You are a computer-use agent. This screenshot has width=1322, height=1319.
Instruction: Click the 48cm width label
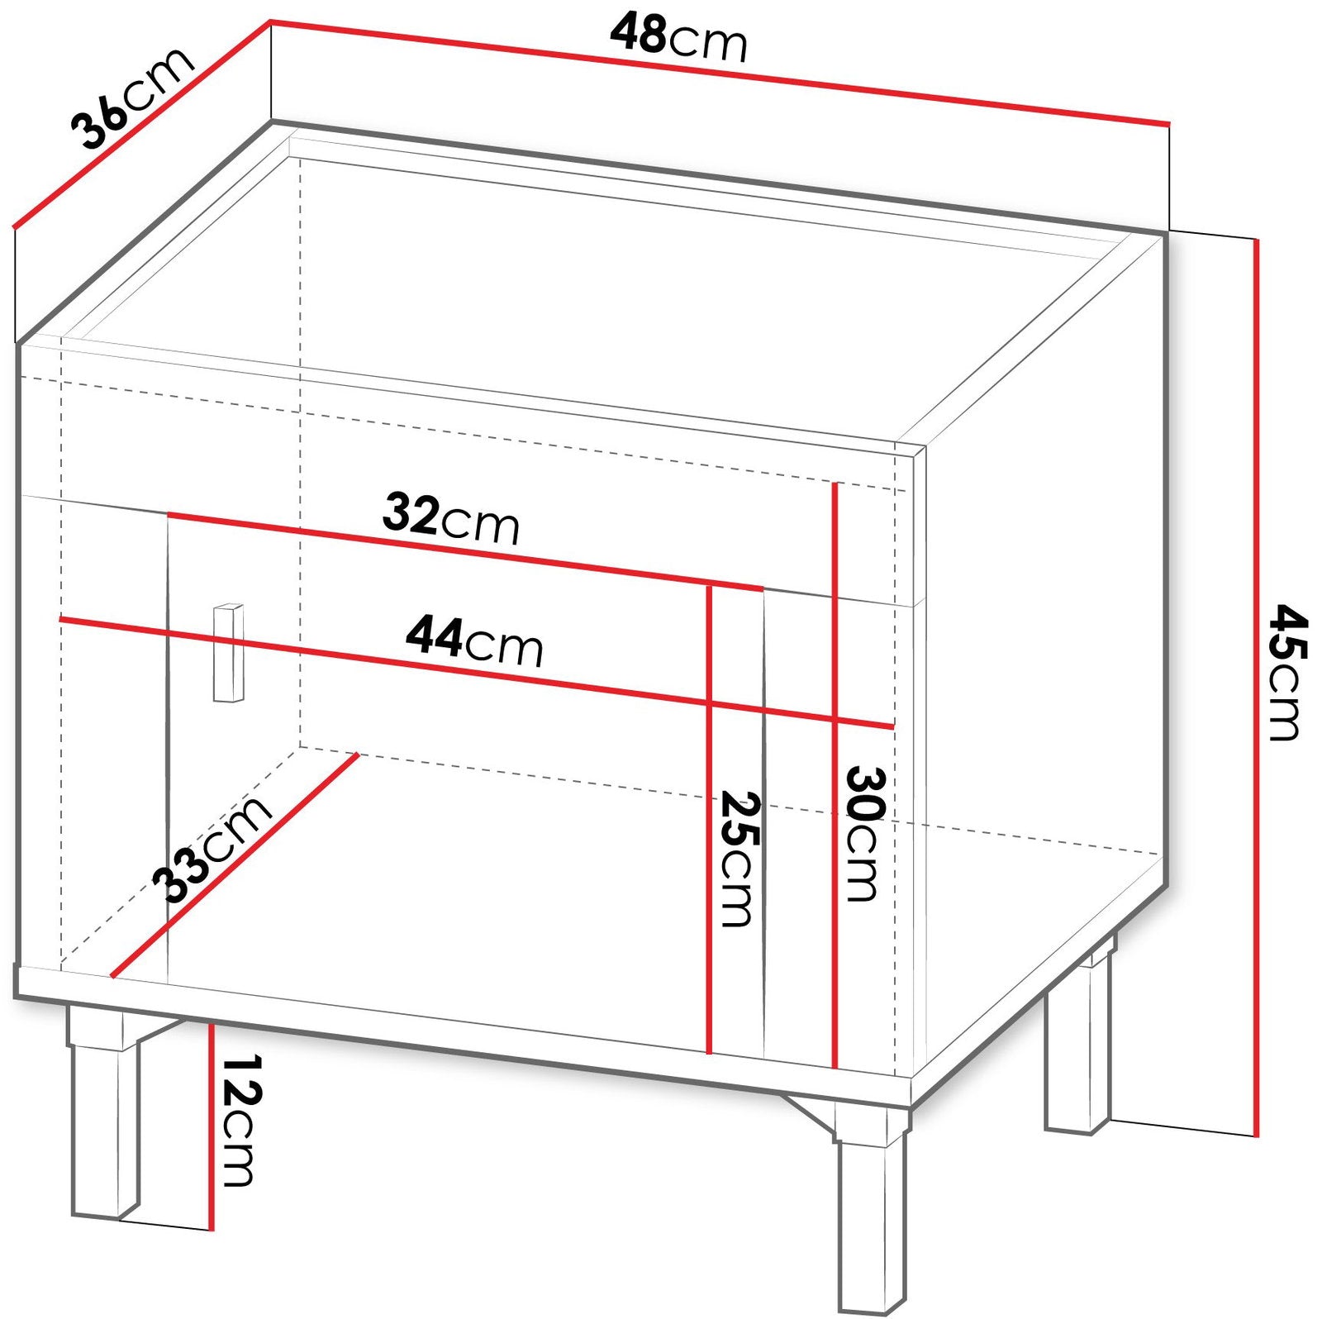pyautogui.click(x=678, y=38)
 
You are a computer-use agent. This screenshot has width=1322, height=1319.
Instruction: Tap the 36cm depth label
pyautogui.click(x=132, y=98)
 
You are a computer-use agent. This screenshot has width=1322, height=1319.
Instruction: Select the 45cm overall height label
pyautogui.click(x=1286, y=672)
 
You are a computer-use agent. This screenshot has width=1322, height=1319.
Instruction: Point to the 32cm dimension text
pyautogui.click(x=451, y=518)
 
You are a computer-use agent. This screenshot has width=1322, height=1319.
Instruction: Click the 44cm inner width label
pyautogui.click(x=474, y=641)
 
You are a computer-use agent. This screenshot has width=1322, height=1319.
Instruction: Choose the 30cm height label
pyautogui.click(x=864, y=834)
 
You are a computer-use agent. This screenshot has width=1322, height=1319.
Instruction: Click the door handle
pyautogui.click(x=229, y=653)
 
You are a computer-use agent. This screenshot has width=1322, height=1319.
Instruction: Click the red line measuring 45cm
pyautogui.click(x=1256, y=688)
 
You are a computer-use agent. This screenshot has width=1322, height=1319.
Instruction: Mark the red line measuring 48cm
pyautogui.click(x=720, y=74)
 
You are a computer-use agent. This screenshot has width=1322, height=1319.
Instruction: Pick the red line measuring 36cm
pyautogui.click(x=142, y=124)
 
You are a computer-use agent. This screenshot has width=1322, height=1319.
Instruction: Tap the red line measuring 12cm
pyautogui.click(x=212, y=1126)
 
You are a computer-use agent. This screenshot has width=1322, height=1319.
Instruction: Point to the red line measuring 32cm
pyautogui.click(x=465, y=551)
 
